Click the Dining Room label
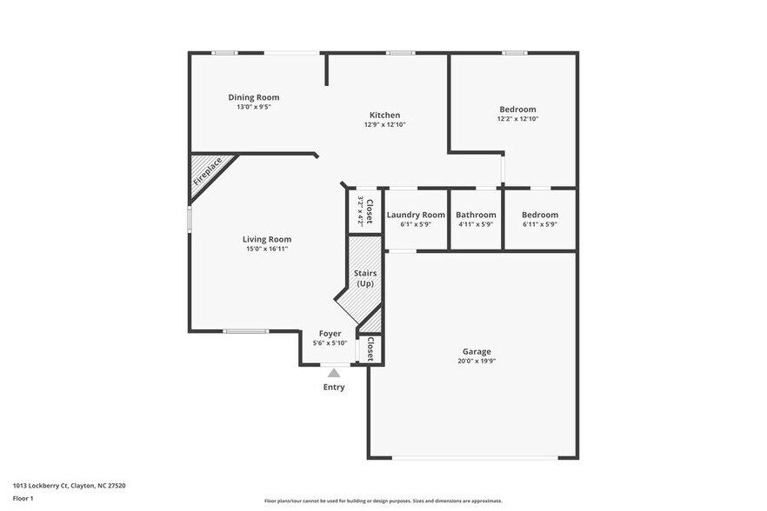pyautogui.click(x=254, y=97)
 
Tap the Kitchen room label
pyautogui.click(x=384, y=115)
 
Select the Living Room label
pyautogui.click(x=267, y=239)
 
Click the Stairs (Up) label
pyautogui.click(x=365, y=278)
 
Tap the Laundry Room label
pyautogui.click(x=416, y=215)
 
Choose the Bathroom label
pyautogui.click(x=476, y=215)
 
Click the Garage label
pyautogui.click(x=477, y=351)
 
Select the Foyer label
pyautogui.click(x=330, y=333)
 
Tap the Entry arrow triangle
pyautogui.click(x=334, y=373)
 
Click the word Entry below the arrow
pyautogui.click(x=334, y=387)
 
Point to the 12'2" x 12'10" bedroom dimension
pyautogui.click(x=517, y=119)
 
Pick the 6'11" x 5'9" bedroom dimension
pyautogui.click(x=539, y=224)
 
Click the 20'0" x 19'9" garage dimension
pyautogui.click(x=477, y=362)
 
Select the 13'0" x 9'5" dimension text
pyautogui.click(x=254, y=107)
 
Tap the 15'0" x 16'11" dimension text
pyautogui.click(x=267, y=249)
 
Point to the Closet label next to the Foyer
pyautogui.click(x=370, y=349)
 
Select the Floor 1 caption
pyautogui.click(x=23, y=498)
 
